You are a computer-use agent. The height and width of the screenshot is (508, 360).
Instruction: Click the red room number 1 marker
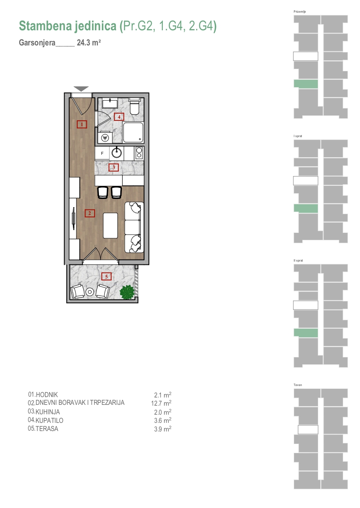(82, 124)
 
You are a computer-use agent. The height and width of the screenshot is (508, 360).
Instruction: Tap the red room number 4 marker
(119, 117)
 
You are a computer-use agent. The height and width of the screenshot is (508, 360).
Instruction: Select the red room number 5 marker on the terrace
(106, 276)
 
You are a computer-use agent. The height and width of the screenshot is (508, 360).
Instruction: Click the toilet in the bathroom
(135, 106)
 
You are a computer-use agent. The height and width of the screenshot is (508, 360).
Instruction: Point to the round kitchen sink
(117, 153)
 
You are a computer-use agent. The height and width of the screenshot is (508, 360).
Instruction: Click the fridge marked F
(102, 154)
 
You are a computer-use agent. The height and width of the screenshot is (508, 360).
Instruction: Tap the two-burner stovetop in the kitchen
(139, 153)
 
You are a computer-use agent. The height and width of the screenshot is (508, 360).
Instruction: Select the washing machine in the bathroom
(105, 137)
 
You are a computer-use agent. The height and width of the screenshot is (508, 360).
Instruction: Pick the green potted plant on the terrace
(127, 292)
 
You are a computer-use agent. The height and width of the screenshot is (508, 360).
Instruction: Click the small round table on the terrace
(90, 292)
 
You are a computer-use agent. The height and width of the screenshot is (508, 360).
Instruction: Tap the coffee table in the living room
(110, 226)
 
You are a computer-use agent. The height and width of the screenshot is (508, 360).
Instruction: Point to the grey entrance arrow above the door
(81, 89)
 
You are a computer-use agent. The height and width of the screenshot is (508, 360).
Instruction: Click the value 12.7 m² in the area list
(161, 403)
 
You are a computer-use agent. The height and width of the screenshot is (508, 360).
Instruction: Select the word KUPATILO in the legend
(49, 420)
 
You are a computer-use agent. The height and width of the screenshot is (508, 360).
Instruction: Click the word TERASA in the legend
(47, 429)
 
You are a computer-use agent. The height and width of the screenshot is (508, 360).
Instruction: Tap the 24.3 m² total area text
(89, 43)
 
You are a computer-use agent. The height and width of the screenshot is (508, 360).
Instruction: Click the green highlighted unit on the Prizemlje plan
(306, 84)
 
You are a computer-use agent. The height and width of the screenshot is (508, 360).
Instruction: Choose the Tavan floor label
(298, 385)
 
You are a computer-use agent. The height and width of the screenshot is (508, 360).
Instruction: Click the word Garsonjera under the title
(37, 43)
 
